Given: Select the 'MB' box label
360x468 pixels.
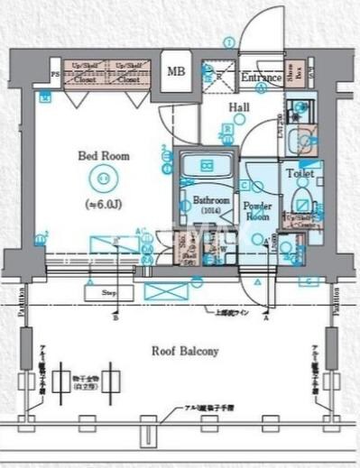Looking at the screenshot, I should (177, 73).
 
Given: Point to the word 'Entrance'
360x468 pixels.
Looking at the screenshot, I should (261, 78).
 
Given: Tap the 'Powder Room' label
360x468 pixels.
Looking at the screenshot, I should (257, 211).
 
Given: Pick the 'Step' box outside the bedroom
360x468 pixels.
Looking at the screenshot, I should (103, 292).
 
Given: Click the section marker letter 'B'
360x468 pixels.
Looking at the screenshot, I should (115, 317).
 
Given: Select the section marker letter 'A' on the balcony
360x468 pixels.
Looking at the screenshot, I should (266, 317).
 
